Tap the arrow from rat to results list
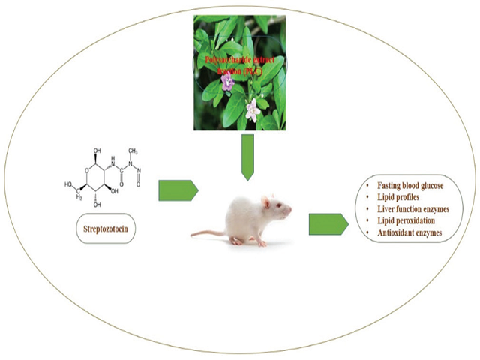click(328, 223)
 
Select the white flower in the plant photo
click(254, 109)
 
